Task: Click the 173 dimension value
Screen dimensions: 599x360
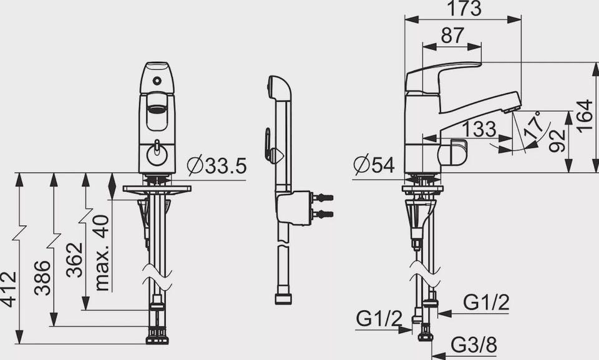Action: (464, 9)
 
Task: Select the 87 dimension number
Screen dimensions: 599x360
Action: (452, 36)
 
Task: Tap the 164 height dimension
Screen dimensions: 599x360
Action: (585, 117)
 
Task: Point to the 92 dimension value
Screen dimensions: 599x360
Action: (557, 140)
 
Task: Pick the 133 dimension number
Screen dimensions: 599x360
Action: (479, 129)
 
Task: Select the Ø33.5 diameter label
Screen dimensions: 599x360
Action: (217, 166)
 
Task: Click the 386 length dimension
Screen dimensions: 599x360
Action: (42, 278)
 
